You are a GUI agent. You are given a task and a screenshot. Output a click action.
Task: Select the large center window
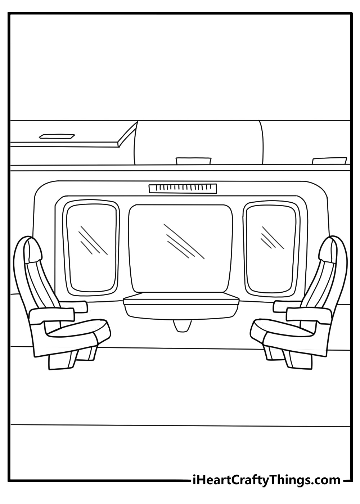(x=181, y=248)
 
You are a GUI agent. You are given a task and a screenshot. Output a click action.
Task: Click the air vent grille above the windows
(x=183, y=188)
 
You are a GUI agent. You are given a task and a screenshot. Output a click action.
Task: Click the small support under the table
(x=183, y=326)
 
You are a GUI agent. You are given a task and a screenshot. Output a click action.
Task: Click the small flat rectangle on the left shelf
(x=57, y=136)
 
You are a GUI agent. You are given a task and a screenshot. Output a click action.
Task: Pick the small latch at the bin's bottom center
(x=193, y=161)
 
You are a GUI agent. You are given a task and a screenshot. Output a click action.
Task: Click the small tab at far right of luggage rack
(x=329, y=161)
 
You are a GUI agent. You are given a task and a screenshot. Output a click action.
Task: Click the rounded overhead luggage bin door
(x=198, y=143)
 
